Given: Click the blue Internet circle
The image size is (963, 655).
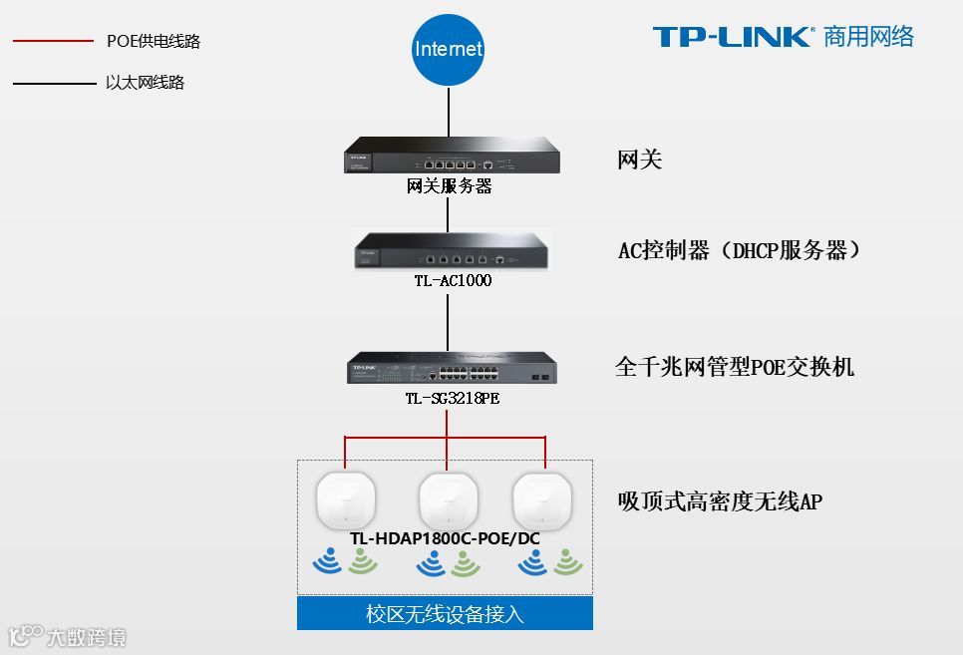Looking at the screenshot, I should tap(448, 49).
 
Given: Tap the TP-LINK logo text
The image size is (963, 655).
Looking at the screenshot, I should tap(733, 37).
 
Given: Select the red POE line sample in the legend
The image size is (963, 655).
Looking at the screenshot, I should tap(52, 41).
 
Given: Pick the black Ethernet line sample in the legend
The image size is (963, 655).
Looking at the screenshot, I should tap(52, 83).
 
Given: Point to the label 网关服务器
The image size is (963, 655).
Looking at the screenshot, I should tap(450, 186).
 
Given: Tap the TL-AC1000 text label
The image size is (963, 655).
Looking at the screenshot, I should tap(453, 281).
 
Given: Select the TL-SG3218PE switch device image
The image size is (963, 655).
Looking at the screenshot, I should tap(452, 368).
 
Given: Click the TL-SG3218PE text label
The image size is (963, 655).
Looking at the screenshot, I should tap(453, 399).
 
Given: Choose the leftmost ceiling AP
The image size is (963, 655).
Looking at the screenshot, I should tap(344, 499).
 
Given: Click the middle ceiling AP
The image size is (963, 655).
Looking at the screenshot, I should tap(448, 499).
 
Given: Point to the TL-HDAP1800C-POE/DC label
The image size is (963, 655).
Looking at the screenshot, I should tap(445, 538).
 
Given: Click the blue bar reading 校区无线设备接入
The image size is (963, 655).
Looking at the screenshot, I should tap(445, 613).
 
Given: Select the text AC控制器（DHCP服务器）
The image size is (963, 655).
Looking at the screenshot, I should tap(739, 250).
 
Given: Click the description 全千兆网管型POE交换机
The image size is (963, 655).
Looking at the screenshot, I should tap(735, 367).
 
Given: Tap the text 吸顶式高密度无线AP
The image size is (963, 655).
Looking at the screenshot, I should tap(720, 501).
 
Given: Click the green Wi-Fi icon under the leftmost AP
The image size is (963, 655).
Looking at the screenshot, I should tap(363, 563).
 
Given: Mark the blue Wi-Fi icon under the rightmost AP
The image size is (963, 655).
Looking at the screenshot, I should tap(532, 563).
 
